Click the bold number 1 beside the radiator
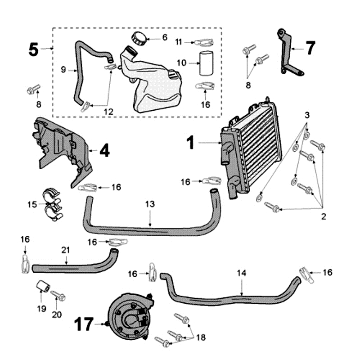click(x=190, y=143)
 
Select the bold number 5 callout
click(x=34, y=49)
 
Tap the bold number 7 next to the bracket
click(x=310, y=48)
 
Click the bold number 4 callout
click(x=104, y=150)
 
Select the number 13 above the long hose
click(x=149, y=204)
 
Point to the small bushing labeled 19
click(x=42, y=286)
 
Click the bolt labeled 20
click(x=59, y=296)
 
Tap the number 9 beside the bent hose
click(x=63, y=69)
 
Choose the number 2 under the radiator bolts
click(x=323, y=216)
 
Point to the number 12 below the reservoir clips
click(x=108, y=110)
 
